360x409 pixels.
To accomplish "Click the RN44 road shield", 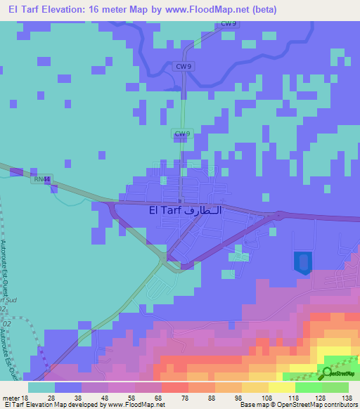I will (x=42, y=179).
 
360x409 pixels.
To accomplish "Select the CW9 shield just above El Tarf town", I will (x=182, y=133).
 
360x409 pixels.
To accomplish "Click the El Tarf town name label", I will (x=185, y=209).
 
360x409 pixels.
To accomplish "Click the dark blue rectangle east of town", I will (x=302, y=262).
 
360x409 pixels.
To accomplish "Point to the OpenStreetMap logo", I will (x=340, y=374).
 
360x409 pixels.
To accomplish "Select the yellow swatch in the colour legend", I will (x=282, y=387).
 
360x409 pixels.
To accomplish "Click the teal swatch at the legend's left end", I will (x=41, y=387).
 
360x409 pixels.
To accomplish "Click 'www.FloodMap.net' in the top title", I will (x=200, y=10).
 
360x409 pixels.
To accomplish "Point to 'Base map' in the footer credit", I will (x=252, y=405).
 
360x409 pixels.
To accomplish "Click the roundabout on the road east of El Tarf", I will (x=279, y=214).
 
